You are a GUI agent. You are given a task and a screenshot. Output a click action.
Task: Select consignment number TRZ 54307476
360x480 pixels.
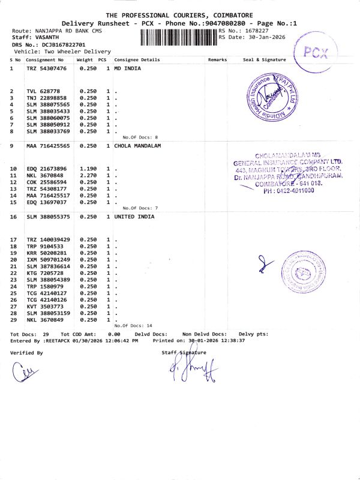[x=46, y=69]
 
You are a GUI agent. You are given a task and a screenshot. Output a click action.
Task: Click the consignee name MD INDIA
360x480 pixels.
[x=128, y=69]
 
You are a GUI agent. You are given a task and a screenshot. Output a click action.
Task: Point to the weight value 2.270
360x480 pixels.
[x=88, y=175]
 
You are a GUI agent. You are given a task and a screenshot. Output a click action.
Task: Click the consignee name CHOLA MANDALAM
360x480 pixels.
[x=139, y=146]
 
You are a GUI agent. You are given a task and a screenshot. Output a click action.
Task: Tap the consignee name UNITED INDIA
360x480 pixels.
[x=134, y=216]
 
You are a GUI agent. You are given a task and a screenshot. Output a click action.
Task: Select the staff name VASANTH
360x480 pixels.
[x=47, y=37]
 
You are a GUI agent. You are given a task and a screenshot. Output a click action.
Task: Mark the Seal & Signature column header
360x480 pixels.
[x=264, y=60]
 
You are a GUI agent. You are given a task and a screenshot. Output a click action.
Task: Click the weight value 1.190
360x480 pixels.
[x=88, y=169]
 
